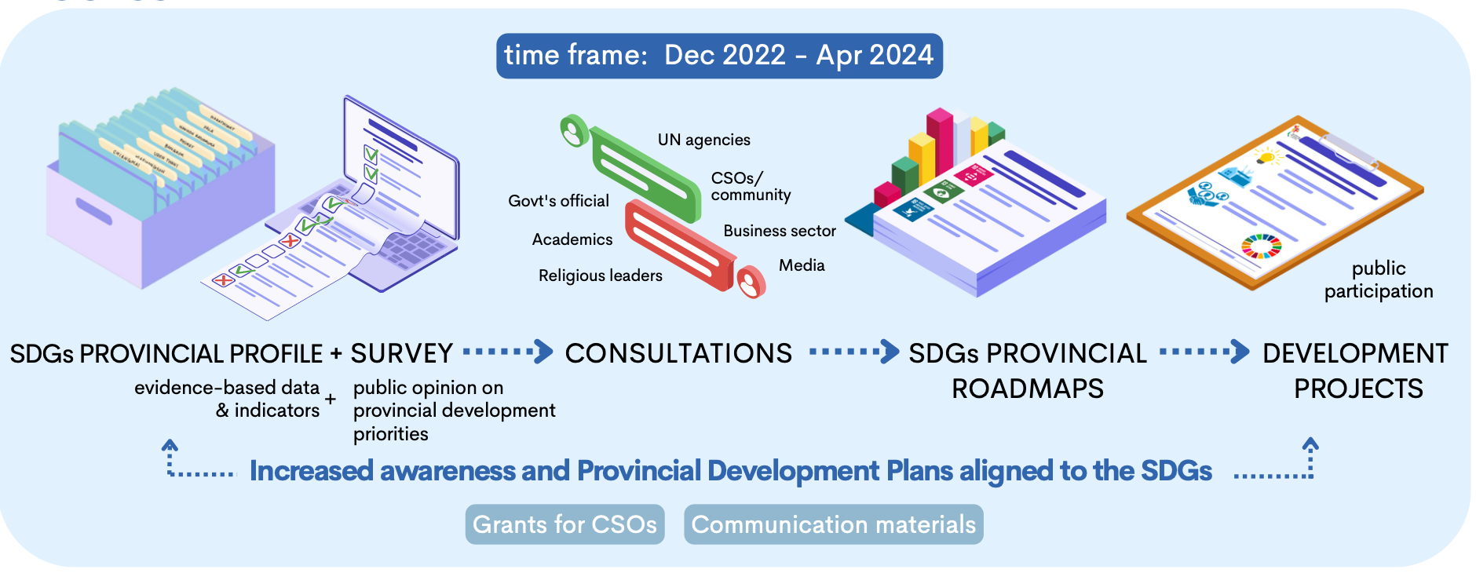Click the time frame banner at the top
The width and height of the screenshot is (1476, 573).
pyautogui.click(x=719, y=56)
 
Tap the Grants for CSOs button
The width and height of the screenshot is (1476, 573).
pyautogui.click(x=564, y=524)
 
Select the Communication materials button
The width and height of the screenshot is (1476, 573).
pyautogui.click(x=833, y=524)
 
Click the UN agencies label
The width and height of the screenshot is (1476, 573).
pyautogui.click(x=703, y=140)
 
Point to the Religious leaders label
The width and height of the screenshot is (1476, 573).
pyautogui.click(x=600, y=276)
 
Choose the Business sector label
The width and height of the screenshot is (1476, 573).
pyautogui.click(x=780, y=231)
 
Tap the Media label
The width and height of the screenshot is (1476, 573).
pyautogui.click(x=802, y=265)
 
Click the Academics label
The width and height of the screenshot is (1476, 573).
pyautogui.click(x=572, y=239)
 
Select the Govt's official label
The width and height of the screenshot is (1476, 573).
pyautogui.click(x=558, y=201)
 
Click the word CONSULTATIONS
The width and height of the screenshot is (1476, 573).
pyautogui.click(x=678, y=353)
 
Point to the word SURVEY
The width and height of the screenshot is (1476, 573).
pyautogui.click(x=401, y=353)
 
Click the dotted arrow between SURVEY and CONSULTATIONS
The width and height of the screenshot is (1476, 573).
pyautogui.click(x=508, y=352)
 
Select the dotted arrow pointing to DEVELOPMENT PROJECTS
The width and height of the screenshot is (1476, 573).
pyautogui.click(x=1204, y=352)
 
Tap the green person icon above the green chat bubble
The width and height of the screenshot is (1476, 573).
pyautogui.click(x=574, y=131)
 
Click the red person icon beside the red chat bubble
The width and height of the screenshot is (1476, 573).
pyautogui.click(x=751, y=282)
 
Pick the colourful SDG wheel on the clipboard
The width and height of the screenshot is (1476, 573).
pyautogui.click(x=1261, y=246)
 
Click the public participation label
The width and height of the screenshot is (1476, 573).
pyautogui.click(x=1379, y=279)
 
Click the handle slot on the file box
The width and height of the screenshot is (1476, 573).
pyautogui.click(x=94, y=210)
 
